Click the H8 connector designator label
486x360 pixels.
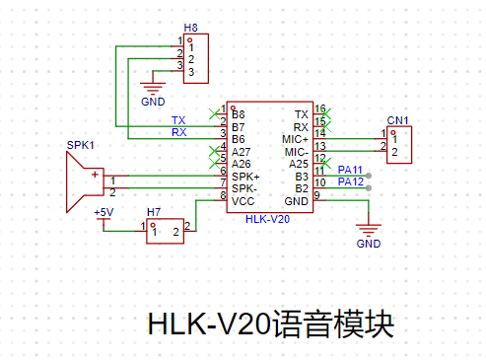pos(190,28)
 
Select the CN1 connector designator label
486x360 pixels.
pos(397,120)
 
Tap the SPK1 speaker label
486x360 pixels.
pos(81,145)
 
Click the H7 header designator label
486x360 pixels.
pos(154,212)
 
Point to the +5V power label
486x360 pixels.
pos(104,212)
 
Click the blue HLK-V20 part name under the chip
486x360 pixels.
pos(267,219)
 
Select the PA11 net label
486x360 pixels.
pos(350,170)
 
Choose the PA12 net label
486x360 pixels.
pos(351,181)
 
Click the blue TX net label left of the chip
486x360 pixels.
pos(178,120)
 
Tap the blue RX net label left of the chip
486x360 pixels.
pos(179,132)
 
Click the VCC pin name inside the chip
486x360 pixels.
pos(243,201)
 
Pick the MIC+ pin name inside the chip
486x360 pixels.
pos(295,139)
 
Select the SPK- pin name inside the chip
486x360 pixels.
pos(244,188)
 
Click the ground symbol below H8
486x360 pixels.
pos(153,88)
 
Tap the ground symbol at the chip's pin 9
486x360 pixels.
pos(369,230)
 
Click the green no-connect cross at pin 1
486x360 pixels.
pos(214,114)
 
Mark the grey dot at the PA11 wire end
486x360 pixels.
pos(369,176)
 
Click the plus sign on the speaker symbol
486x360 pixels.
pos(95,175)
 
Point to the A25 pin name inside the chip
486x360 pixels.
pos(299,164)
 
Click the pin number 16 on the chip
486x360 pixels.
pos(320,108)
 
